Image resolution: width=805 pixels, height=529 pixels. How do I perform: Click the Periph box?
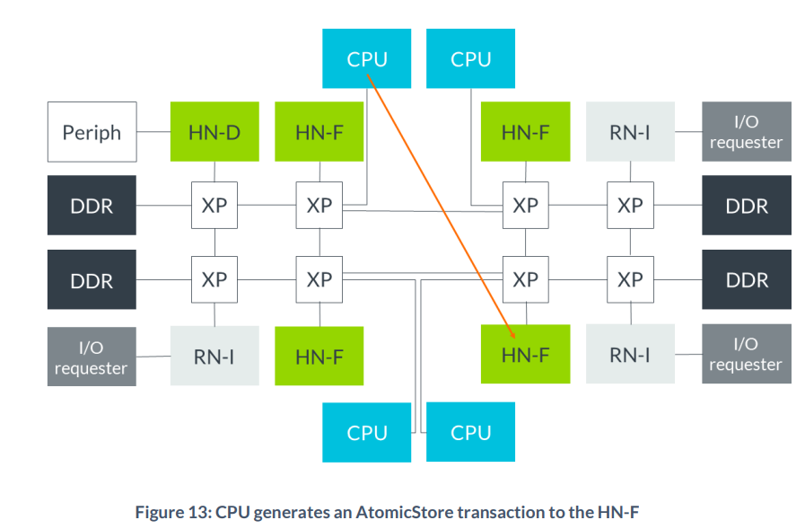[92, 132]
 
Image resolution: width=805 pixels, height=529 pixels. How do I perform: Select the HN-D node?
[214, 132]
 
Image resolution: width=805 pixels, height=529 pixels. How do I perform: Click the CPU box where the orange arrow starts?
[366, 59]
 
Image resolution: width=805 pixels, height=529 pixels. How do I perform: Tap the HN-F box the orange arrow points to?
[525, 354]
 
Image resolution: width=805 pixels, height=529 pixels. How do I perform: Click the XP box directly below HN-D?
[214, 205]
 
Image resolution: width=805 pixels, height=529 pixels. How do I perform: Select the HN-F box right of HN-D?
[319, 132]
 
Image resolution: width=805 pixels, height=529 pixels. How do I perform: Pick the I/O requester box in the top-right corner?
[746, 132]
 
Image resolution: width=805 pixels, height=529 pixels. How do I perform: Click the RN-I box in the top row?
[629, 132]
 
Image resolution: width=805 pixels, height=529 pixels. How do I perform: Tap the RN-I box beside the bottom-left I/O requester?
[214, 356]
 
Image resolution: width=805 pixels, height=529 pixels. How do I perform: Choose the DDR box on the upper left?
[92, 206]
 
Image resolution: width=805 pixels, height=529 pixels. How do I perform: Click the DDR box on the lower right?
[746, 279]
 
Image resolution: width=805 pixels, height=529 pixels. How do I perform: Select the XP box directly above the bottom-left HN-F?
[319, 279]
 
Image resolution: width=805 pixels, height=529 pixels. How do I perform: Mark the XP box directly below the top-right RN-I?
[629, 205]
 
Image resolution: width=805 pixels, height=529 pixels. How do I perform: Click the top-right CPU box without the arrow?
[470, 59]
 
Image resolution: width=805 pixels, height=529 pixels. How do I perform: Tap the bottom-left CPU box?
[366, 432]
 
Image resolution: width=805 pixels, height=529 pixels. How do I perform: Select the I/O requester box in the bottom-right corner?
[746, 354]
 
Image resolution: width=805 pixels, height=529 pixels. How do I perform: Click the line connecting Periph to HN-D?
[153, 132]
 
